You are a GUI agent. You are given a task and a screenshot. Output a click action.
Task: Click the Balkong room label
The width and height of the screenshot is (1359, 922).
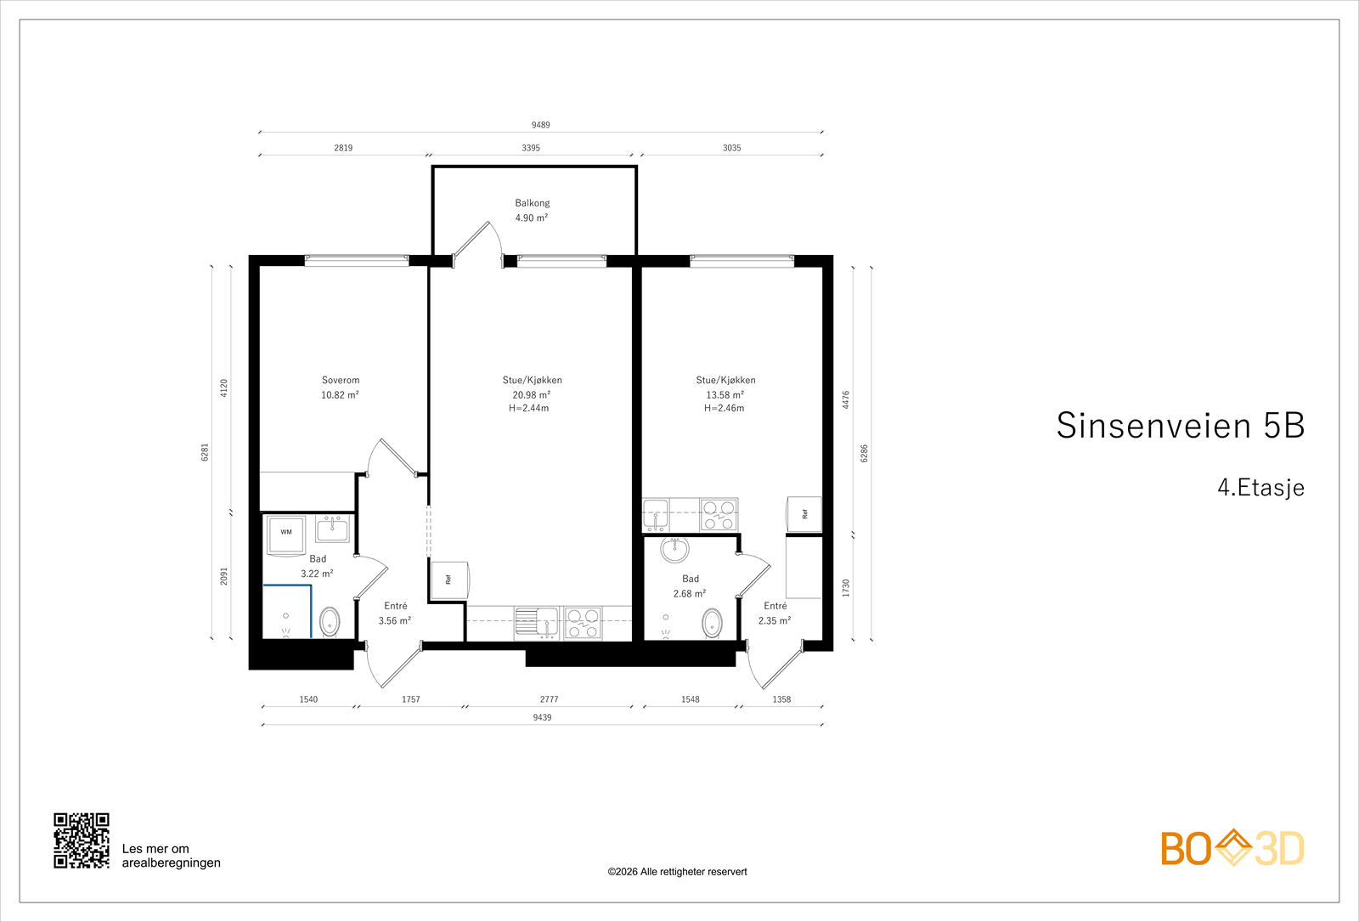pos(532,203)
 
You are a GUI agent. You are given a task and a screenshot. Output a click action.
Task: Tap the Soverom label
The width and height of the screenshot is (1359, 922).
pos(341,380)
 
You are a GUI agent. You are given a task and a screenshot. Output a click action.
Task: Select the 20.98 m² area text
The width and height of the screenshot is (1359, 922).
pos(531,394)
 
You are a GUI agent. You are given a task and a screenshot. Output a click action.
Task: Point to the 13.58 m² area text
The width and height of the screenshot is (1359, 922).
pos(725,394)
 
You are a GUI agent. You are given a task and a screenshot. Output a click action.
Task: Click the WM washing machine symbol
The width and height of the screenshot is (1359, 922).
pos(286,535)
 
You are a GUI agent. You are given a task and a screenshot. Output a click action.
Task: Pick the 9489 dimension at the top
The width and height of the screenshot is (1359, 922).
pos(540,125)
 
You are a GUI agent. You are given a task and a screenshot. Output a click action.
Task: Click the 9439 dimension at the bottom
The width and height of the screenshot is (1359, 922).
pos(542,717)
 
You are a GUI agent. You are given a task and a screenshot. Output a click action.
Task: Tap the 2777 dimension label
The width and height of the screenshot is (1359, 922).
pos(549,699)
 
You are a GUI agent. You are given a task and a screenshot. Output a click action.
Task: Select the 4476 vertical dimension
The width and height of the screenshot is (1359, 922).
pos(846,399)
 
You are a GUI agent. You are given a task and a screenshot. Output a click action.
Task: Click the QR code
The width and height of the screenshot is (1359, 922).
pos(82,840)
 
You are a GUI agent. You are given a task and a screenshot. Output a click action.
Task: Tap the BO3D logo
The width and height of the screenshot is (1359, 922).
pos(1232,848)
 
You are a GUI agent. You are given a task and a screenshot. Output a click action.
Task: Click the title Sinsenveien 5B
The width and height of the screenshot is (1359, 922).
pos(1180,425)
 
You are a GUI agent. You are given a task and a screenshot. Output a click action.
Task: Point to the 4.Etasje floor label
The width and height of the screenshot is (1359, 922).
pos(1260,488)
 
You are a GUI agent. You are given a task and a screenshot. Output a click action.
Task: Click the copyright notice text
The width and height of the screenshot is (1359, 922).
pos(677,872)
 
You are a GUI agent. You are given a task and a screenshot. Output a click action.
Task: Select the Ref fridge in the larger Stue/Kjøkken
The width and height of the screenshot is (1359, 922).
pos(449,580)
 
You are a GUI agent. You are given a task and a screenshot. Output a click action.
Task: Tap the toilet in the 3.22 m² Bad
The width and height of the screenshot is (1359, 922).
pos(330,621)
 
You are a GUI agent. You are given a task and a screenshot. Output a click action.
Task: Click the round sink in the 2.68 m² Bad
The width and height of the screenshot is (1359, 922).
pos(674,549)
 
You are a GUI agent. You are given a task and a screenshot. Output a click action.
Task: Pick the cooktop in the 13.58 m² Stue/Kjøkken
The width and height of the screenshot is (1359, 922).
pos(719,515)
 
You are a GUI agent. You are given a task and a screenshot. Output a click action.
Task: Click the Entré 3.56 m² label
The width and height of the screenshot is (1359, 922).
pos(395,613)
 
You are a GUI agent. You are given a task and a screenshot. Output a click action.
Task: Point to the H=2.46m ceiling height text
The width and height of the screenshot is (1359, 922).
pos(724,408)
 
